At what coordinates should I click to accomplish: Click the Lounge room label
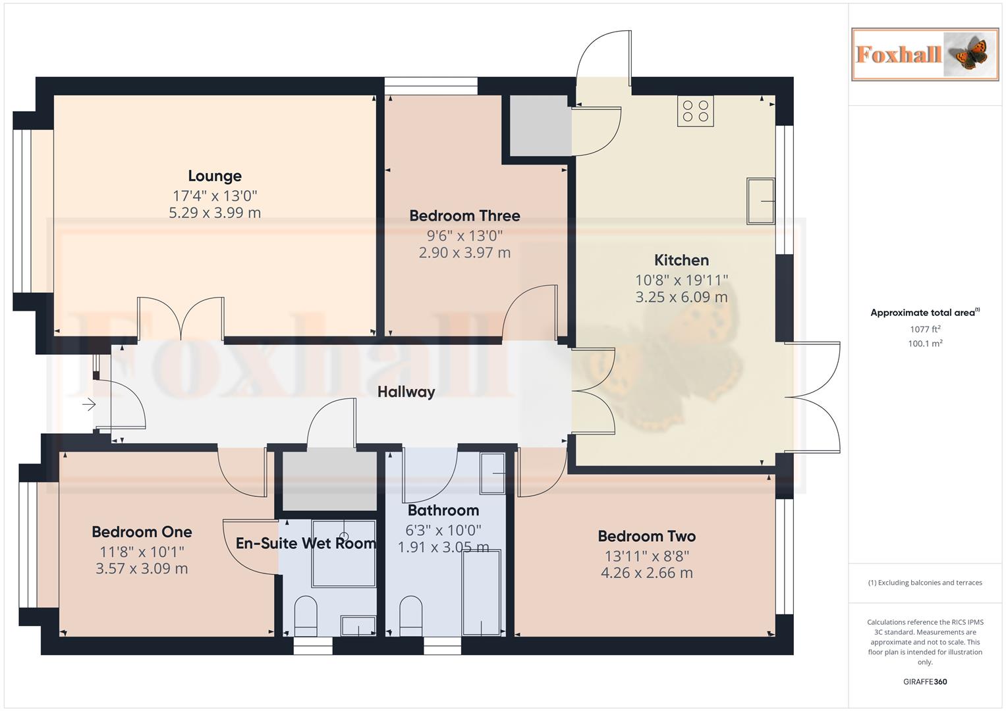[215, 176]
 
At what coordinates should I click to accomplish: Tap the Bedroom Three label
[464, 216]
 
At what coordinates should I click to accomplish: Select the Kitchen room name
[681, 260]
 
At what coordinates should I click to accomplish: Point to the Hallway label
[406, 392]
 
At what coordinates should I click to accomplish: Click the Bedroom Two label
[646, 537]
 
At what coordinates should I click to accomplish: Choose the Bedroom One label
[142, 532]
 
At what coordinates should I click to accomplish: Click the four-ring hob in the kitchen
[695, 111]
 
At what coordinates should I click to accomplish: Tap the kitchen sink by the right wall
[760, 201]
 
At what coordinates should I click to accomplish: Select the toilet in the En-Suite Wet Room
[305, 616]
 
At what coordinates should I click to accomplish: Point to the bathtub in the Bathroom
[481, 592]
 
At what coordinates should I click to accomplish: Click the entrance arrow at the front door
[89, 404]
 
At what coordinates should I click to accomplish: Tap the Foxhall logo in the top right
[924, 54]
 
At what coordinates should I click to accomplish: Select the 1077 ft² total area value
[925, 329]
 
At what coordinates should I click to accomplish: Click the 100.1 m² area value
[925, 344]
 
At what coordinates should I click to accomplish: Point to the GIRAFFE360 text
[925, 681]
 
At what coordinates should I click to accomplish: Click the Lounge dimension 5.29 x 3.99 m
[215, 213]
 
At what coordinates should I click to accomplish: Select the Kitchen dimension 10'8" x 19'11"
[681, 280]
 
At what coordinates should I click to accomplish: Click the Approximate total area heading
[924, 313]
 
